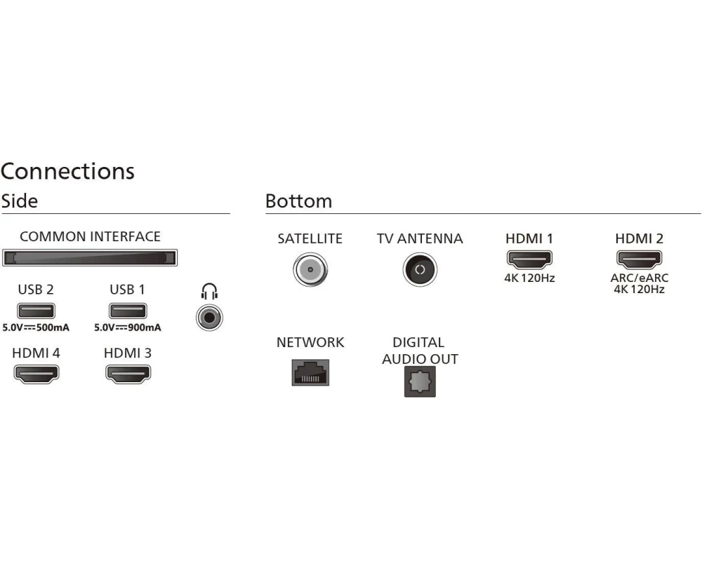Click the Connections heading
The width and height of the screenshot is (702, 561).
67,171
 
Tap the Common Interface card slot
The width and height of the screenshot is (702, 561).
90,258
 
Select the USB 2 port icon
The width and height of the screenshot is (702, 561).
36,311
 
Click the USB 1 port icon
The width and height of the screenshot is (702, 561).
128,311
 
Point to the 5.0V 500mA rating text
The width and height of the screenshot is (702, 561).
36,327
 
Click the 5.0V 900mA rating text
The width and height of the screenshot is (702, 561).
128,327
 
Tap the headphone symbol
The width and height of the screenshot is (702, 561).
209,292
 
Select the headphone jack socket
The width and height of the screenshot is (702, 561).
209,318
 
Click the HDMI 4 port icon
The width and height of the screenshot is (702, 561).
37,374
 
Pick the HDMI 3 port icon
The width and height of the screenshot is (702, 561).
128,374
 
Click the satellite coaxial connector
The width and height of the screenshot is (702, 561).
310,269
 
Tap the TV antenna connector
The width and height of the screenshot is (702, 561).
420,269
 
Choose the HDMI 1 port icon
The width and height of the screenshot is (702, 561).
529,259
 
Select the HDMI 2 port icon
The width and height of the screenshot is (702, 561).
639,259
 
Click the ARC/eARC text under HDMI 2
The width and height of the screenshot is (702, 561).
640,278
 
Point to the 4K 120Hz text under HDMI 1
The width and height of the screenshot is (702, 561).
529,278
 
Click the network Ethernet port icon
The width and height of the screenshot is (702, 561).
310,372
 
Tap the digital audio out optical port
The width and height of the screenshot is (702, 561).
420,381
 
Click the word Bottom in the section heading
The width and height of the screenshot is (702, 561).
298,201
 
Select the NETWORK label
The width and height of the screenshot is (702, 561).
310,343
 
